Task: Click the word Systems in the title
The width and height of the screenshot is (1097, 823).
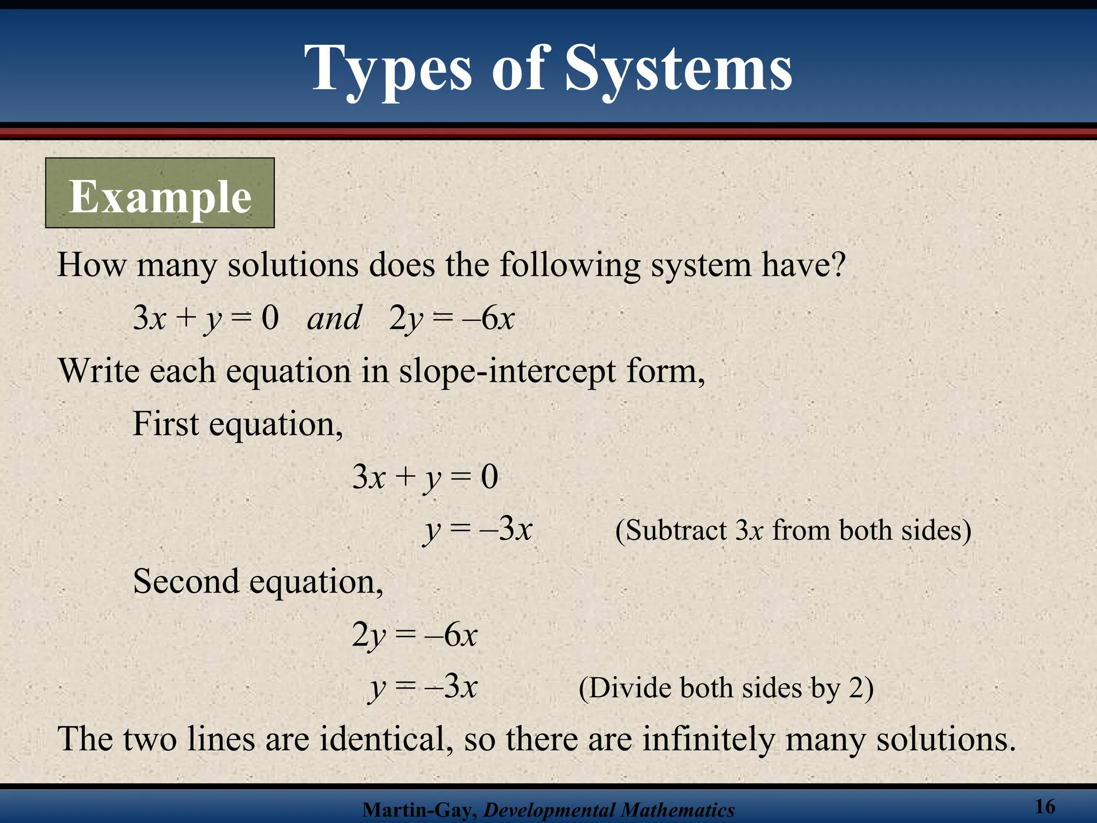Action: tap(679, 70)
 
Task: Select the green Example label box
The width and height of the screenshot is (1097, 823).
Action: tap(160, 193)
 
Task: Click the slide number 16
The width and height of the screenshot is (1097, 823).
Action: tap(1045, 806)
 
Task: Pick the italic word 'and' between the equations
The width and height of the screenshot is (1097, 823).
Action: tap(334, 318)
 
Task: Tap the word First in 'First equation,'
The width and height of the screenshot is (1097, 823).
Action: tap(166, 424)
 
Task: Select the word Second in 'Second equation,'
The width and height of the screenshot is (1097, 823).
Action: tap(186, 581)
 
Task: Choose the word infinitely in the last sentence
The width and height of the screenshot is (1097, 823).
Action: tap(708, 739)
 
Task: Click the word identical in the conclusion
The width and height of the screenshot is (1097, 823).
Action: tap(383, 739)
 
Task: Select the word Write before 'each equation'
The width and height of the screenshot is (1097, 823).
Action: tap(99, 371)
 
